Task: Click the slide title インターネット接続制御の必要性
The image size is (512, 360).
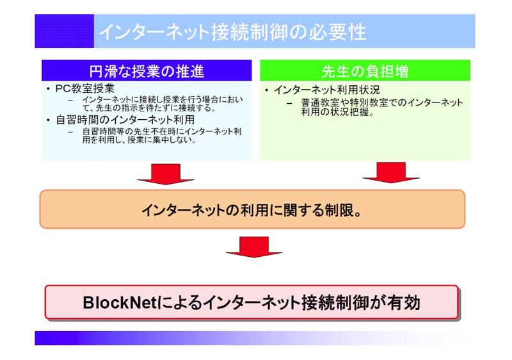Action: coord(232,32)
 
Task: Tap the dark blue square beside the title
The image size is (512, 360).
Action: coord(65,31)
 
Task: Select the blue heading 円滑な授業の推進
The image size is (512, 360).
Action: coord(147,71)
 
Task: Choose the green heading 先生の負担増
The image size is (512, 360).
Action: coord(365,71)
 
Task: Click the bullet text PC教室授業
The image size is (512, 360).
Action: coord(85,88)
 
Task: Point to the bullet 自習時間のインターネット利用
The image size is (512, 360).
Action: coord(125,120)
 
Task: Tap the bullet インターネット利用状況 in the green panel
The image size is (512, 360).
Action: coord(327,90)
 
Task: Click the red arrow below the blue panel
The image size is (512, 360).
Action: coord(166,174)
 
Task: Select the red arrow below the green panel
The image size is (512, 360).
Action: coord(391,172)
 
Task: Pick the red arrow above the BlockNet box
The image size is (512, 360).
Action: coord(254,247)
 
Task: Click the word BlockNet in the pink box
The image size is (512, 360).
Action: coord(120,302)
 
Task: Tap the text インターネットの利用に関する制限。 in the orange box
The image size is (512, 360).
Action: coord(252,210)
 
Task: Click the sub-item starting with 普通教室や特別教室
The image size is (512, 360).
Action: coord(381,107)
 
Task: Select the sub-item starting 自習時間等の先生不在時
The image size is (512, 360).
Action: coord(162,136)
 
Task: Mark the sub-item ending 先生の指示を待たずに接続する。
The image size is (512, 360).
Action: coord(163,104)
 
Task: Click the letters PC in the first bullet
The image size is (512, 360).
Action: coord(61,88)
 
